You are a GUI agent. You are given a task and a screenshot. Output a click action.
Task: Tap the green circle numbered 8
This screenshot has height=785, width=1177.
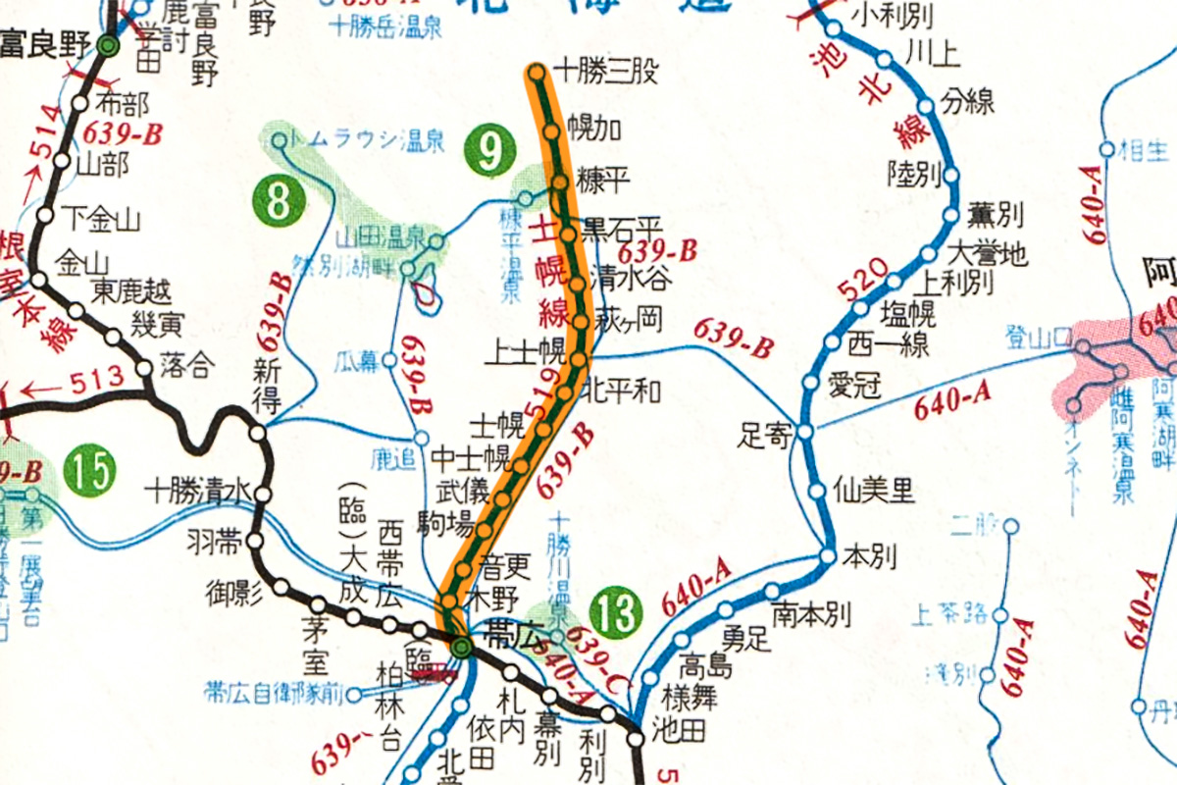[x=279, y=204]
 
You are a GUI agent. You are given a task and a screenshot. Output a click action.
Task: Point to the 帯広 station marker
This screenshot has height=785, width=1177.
[x=462, y=648]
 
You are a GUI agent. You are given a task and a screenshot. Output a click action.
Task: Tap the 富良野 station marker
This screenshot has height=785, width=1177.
[x=110, y=45]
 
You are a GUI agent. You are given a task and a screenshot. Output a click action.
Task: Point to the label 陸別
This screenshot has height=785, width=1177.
[x=912, y=173]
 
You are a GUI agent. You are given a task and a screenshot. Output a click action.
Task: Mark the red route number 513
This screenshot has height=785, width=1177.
[x=99, y=378]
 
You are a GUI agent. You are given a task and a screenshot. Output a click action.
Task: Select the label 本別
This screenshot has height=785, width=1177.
[x=869, y=557]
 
